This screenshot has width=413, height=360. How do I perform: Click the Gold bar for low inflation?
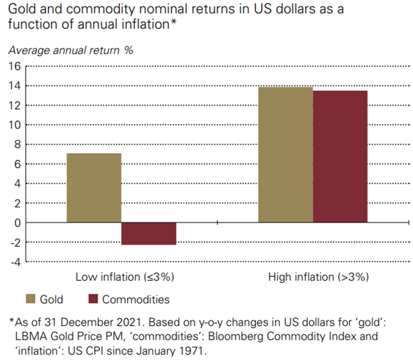click(x=94, y=188)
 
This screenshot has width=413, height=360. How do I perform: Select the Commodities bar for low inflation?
click(x=148, y=233)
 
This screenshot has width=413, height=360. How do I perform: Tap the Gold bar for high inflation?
click(x=285, y=155)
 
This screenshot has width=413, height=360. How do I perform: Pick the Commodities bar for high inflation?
click(x=340, y=157)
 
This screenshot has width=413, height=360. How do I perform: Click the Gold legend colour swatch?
click(x=31, y=299)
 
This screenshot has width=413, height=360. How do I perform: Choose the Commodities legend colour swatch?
click(x=93, y=299)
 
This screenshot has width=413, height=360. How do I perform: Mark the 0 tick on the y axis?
click(x=17, y=222)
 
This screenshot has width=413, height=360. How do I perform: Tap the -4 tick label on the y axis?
click(x=15, y=262)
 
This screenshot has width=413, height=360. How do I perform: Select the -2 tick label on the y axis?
click(x=15, y=242)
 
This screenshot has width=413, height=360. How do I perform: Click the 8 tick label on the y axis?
click(x=17, y=144)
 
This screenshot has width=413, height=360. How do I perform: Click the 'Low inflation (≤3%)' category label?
click(x=125, y=277)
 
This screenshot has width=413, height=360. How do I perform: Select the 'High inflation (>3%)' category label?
click(x=318, y=277)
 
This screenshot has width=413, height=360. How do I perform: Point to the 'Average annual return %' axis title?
click(x=70, y=50)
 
